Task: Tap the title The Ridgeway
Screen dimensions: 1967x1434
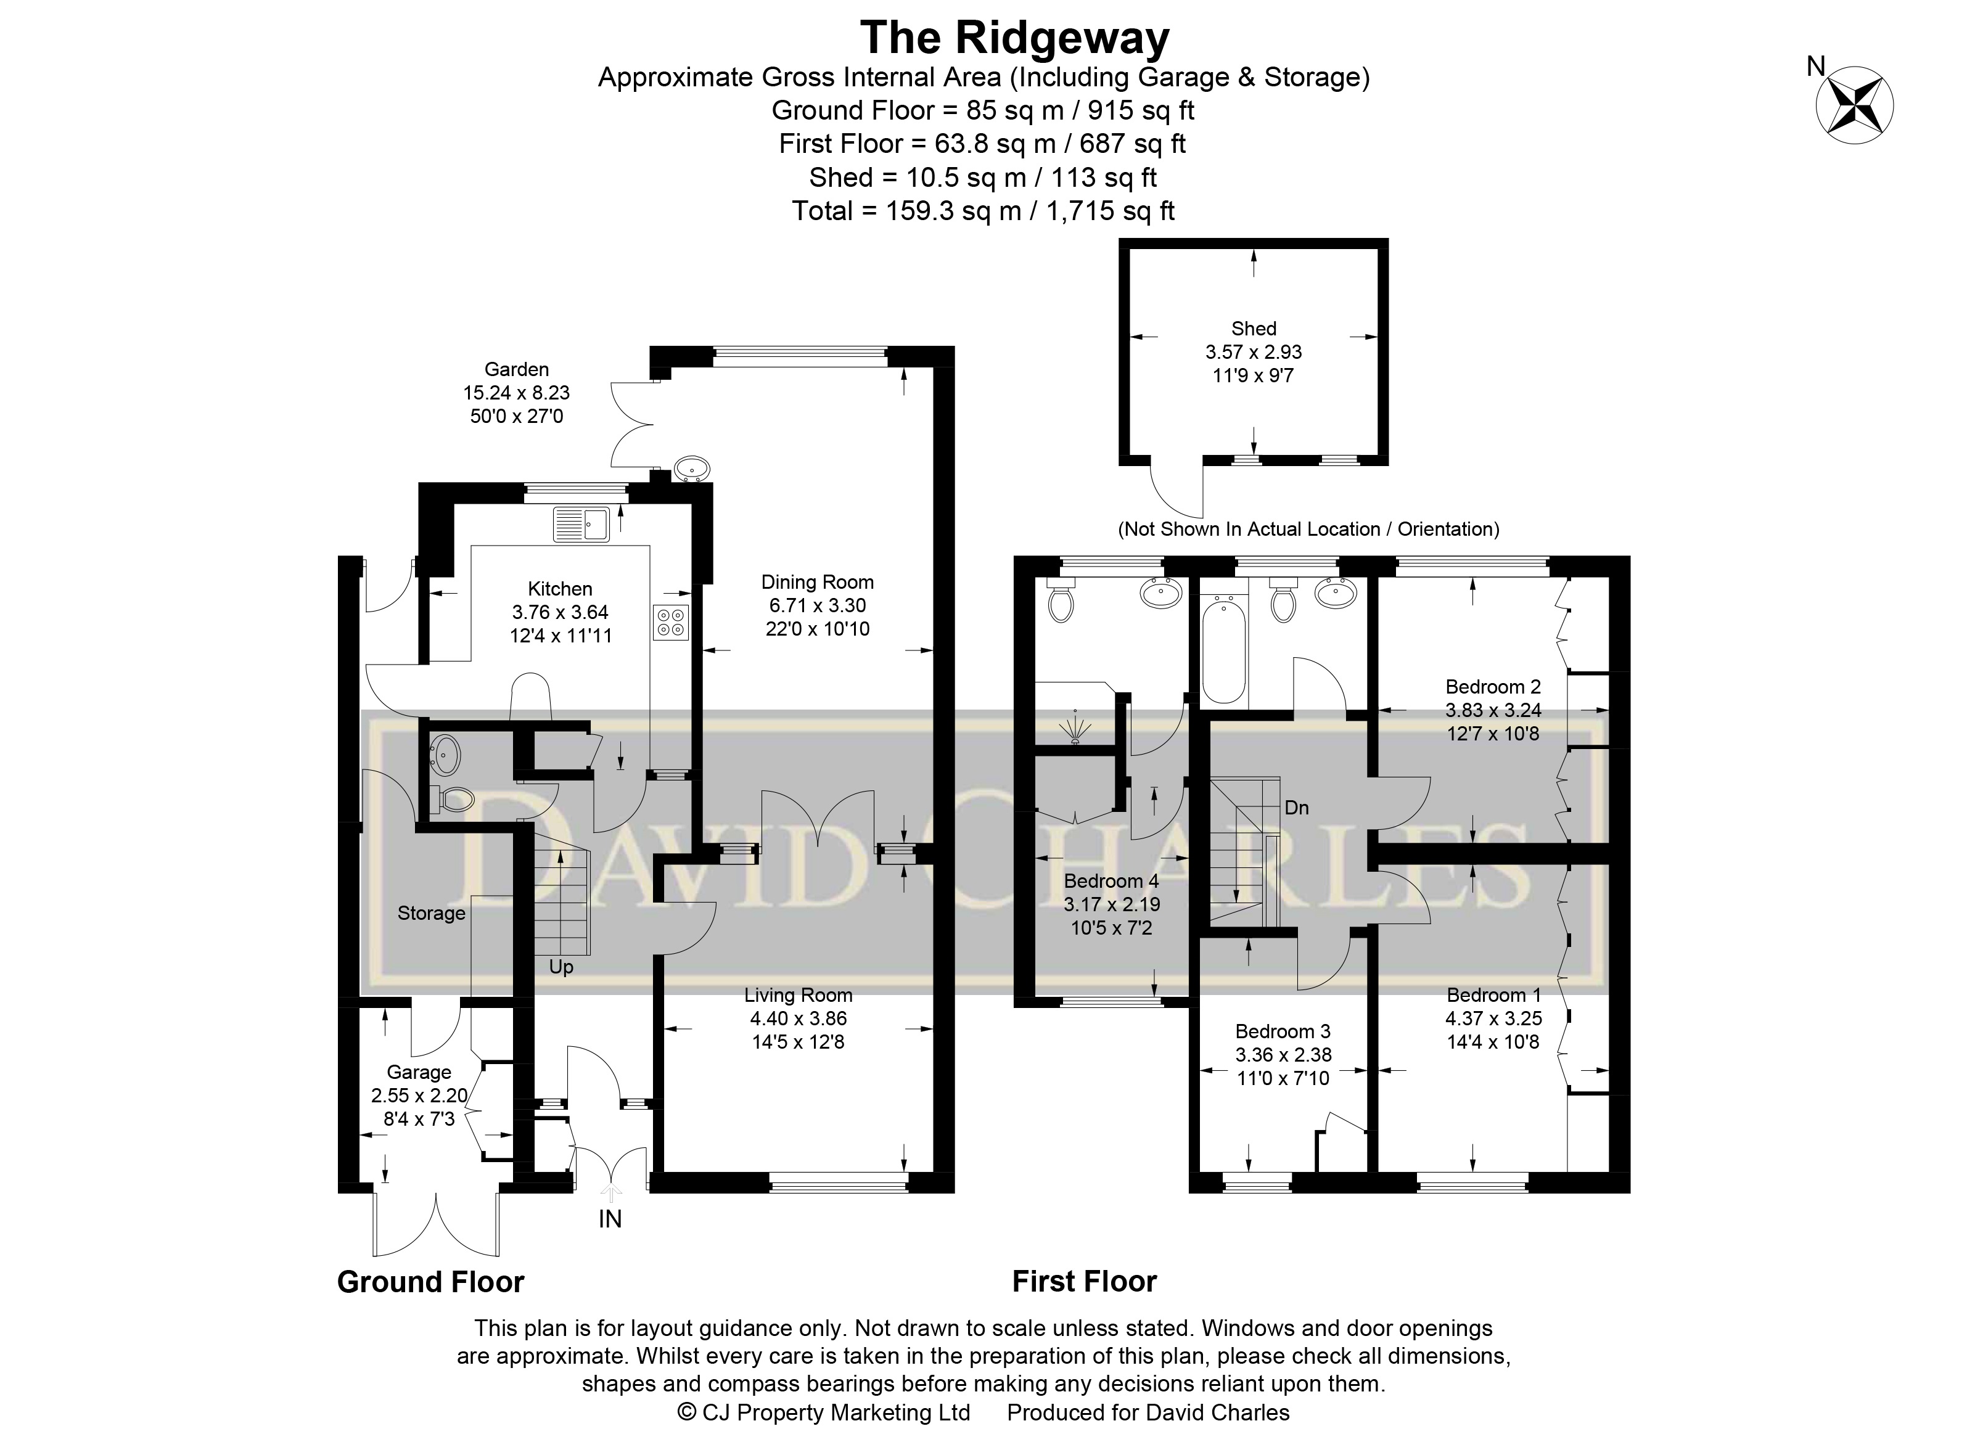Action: pyautogui.click(x=1014, y=38)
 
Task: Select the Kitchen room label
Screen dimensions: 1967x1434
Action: pyautogui.click(x=560, y=589)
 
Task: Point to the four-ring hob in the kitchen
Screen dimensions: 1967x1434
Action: pyautogui.click(x=671, y=621)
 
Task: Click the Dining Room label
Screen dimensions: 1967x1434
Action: pyautogui.click(x=817, y=581)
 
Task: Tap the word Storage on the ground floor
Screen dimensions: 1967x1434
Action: pyautogui.click(x=432, y=913)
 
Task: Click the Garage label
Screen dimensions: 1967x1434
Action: pyautogui.click(x=419, y=1072)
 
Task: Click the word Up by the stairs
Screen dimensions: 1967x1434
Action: pyautogui.click(x=561, y=967)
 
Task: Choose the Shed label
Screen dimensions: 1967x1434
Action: pyautogui.click(x=1254, y=328)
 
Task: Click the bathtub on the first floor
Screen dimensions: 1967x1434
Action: pyautogui.click(x=1224, y=647)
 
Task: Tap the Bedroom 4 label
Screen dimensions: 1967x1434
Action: pyautogui.click(x=1111, y=881)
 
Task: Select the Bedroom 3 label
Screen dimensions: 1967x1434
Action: pyautogui.click(x=1282, y=1031)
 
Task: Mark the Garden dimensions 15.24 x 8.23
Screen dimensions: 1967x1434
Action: pyautogui.click(x=517, y=392)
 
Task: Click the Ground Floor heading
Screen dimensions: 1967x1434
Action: pyautogui.click(x=430, y=1282)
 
